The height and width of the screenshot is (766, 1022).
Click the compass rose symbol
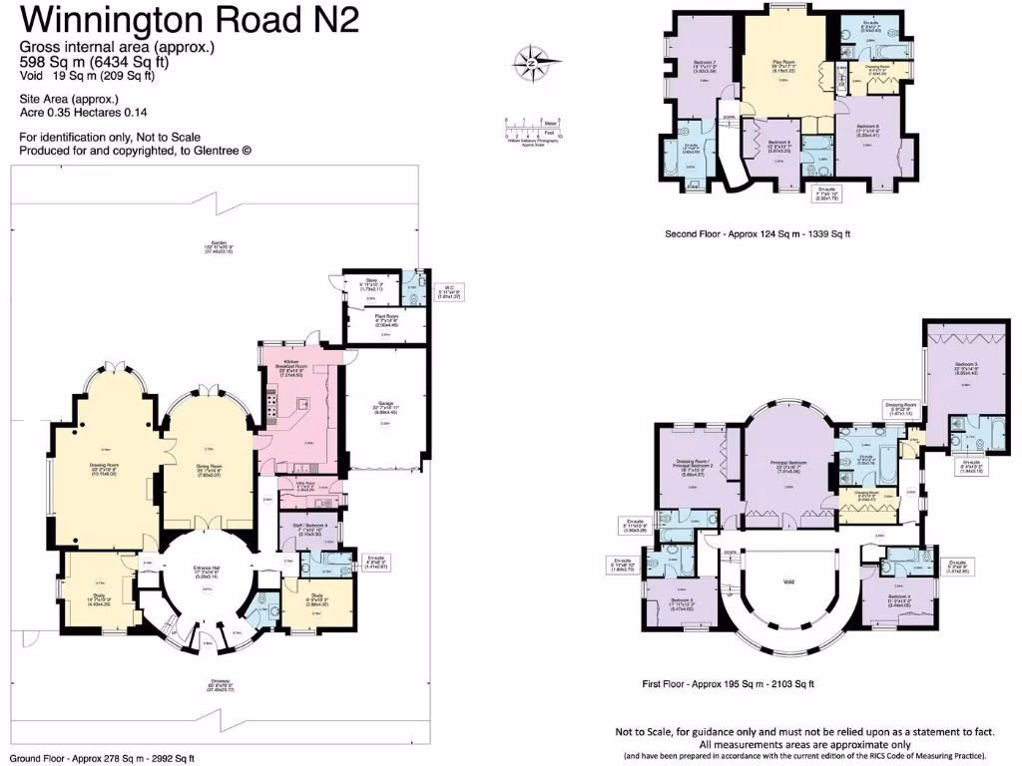[x=532, y=63]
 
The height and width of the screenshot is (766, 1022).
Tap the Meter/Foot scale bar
[x=532, y=128]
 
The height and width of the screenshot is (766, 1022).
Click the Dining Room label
[x=210, y=470]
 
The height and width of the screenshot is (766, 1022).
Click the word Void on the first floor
[x=788, y=580]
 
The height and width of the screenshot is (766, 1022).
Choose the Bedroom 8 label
[x=779, y=146]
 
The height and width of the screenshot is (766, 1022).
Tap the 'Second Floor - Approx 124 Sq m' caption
[x=758, y=234]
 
